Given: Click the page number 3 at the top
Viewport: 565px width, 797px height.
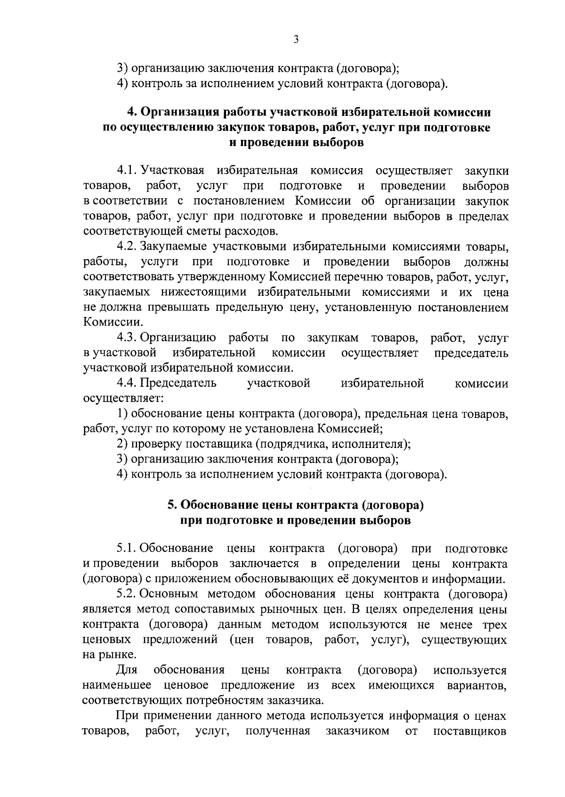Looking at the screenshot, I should [296, 40].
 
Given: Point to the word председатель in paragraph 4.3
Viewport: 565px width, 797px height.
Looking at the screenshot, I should [471, 353].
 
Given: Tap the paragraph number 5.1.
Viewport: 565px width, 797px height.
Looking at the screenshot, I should [127, 549].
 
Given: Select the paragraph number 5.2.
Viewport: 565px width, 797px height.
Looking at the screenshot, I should [127, 594].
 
